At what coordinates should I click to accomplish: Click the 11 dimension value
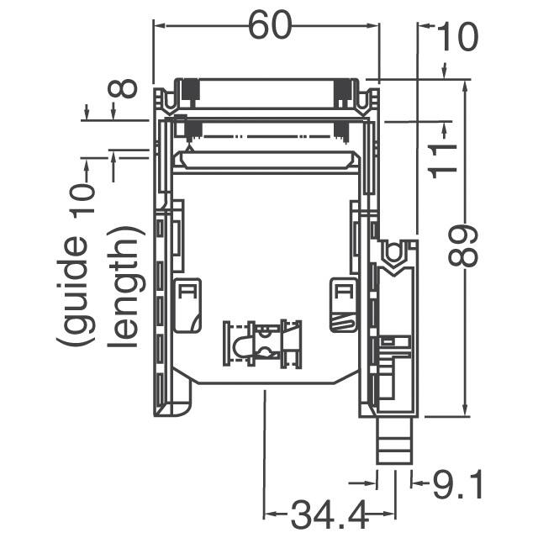[443, 160]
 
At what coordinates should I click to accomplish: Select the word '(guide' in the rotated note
[73, 290]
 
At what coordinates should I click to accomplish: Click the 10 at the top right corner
[455, 39]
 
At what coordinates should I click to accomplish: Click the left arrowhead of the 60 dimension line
[159, 25]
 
